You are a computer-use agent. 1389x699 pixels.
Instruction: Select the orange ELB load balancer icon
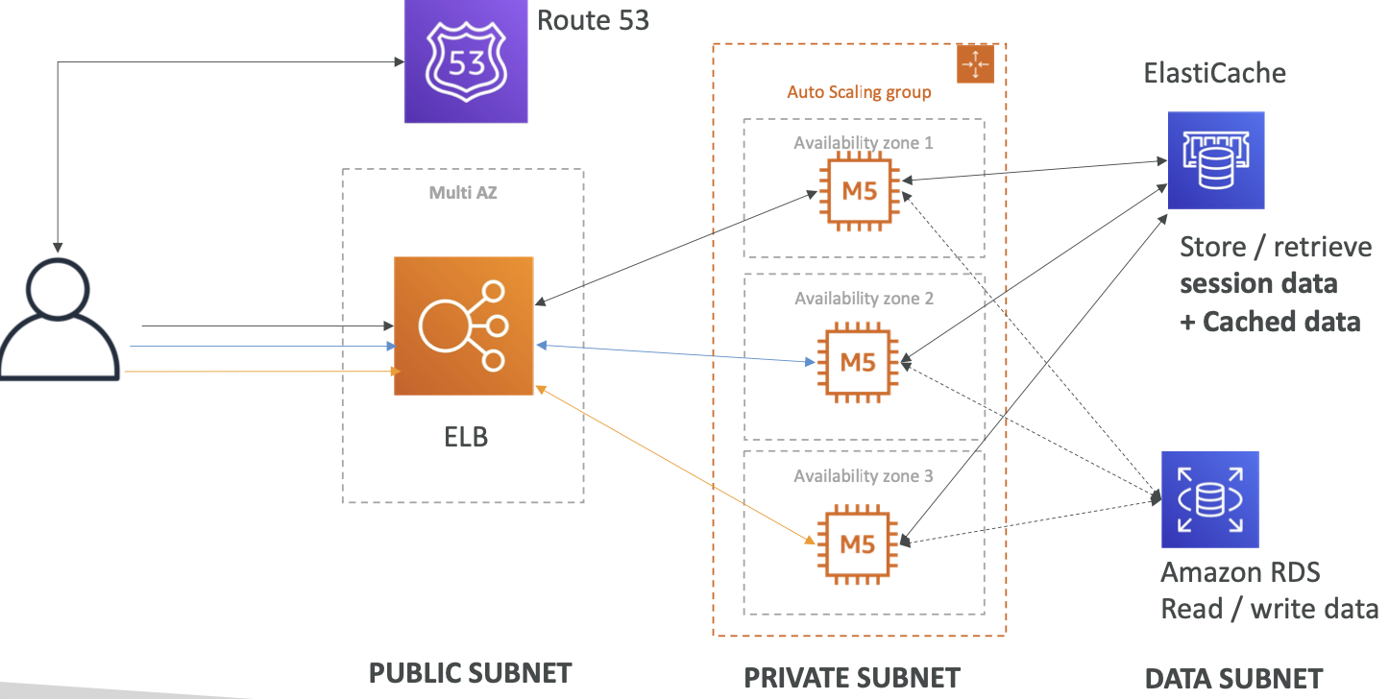[x=463, y=325]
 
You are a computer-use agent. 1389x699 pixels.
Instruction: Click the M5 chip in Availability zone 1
[x=858, y=190]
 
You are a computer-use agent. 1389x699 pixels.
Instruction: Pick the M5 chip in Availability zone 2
[x=858, y=362]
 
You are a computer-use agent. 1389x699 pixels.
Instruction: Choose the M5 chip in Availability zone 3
[x=858, y=543]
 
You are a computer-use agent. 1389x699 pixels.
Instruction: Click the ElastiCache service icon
[x=1215, y=160]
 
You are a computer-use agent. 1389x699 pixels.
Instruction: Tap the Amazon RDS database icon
[x=1209, y=499]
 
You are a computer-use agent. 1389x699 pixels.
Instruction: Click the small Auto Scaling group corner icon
[x=975, y=63]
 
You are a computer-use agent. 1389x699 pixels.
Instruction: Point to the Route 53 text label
[x=593, y=19]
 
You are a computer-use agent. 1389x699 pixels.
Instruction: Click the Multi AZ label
[x=463, y=193]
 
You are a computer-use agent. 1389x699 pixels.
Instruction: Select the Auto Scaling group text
[x=859, y=92]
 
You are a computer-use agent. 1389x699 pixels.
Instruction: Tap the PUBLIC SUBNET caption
[x=470, y=673]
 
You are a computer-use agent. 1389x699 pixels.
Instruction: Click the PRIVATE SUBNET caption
[x=852, y=678]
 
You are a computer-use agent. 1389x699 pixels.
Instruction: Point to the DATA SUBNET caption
[x=1233, y=679]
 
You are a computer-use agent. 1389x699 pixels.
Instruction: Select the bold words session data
[x=1258, y=284]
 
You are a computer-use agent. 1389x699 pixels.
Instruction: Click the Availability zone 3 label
[x=863, y=476]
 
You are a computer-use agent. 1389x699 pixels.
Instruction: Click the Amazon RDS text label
[x=1240, y=573]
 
